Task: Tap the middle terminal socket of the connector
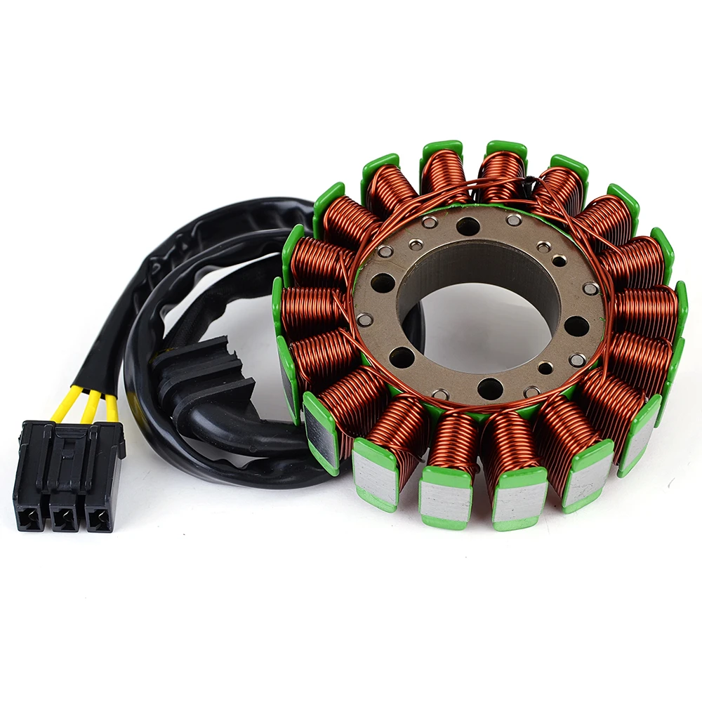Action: pos(64,519)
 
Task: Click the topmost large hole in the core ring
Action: pos(468,227)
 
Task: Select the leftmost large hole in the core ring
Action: pos(383,283)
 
